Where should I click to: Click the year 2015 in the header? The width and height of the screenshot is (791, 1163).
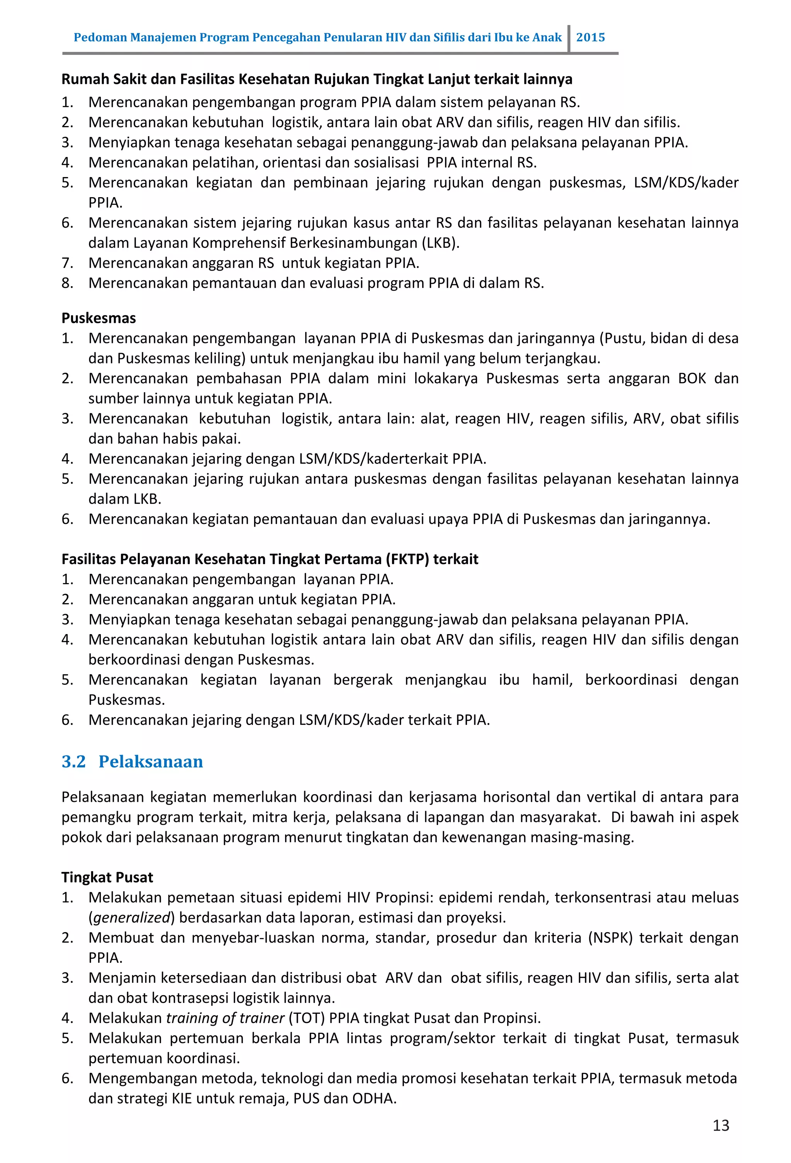[590, 38]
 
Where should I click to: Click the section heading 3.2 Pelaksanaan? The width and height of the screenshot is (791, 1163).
[132, 761]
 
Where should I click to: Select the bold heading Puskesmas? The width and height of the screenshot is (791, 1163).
[98, 318]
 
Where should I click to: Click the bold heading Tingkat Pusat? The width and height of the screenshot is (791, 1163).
[107, 877]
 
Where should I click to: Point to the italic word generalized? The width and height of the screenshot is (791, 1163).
[132, 917]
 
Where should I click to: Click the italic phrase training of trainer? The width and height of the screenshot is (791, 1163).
[225, 1018]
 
